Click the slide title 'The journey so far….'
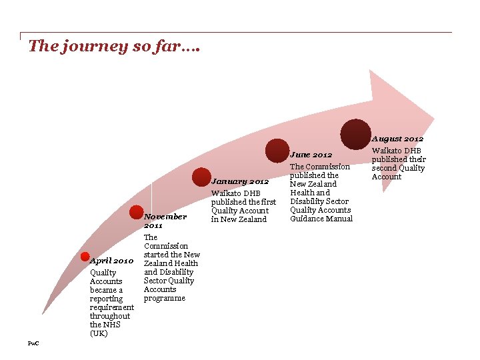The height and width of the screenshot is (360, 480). point(114,47)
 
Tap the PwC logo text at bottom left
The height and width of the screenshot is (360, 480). point(33,343)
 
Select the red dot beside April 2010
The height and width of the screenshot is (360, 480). point(85,257)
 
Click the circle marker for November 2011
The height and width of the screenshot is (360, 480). point(137,212)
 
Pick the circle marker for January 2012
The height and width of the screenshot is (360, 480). point(201,177)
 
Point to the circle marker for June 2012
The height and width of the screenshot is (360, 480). point(277,150)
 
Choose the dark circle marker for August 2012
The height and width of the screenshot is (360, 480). point(355,134)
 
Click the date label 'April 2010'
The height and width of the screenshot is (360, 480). point(112,261)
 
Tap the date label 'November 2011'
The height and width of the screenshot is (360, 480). point(165,221)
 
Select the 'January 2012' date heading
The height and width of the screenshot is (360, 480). point(240,181)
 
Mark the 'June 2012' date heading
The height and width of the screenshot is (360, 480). point(311,155)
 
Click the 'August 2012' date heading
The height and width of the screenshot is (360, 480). point(397,139)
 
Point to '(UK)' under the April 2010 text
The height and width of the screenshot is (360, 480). point(98,333)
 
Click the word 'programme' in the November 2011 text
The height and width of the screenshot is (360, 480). point(164,298)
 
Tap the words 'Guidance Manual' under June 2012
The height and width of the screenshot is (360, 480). point(321,219)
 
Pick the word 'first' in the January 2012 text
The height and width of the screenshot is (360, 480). point(267,202)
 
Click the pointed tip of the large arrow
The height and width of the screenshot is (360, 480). point(434,121)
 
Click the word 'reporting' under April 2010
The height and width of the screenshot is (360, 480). point(107,299)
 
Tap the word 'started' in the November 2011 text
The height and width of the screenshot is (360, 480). point(157,255)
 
